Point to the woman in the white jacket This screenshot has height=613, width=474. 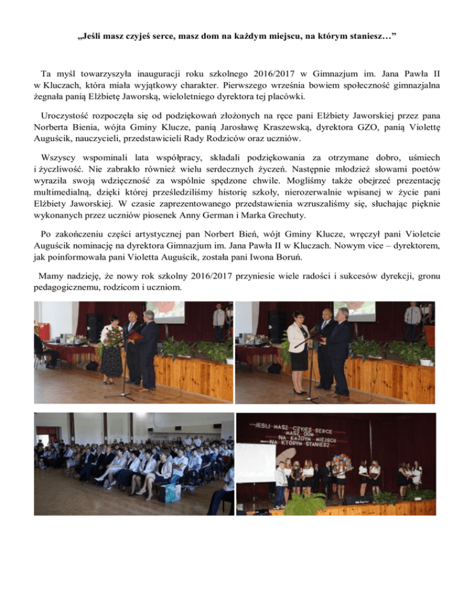[x=298, y=343]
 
